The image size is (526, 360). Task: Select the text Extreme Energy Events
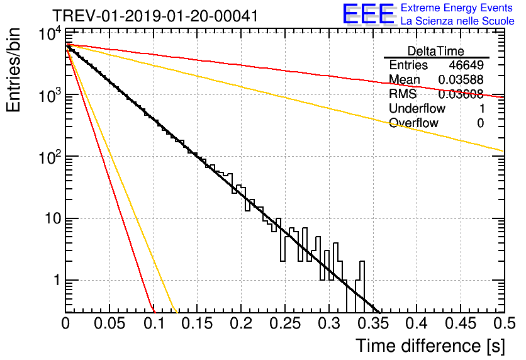[457, 9]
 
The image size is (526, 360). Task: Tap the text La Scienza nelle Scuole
[457, 21]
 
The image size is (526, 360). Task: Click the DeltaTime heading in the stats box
[436, 51]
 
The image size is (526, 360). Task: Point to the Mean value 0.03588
[461, 80]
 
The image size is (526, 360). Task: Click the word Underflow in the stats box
[417, 109]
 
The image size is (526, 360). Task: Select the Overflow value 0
[480, 123]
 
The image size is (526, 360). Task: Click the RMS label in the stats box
[403, 94]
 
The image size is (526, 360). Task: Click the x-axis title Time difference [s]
[429, 346]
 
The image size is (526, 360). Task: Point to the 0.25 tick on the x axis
[284, 324]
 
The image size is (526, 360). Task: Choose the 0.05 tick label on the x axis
[109, 324]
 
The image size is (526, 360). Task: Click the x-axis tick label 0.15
[197, 324]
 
